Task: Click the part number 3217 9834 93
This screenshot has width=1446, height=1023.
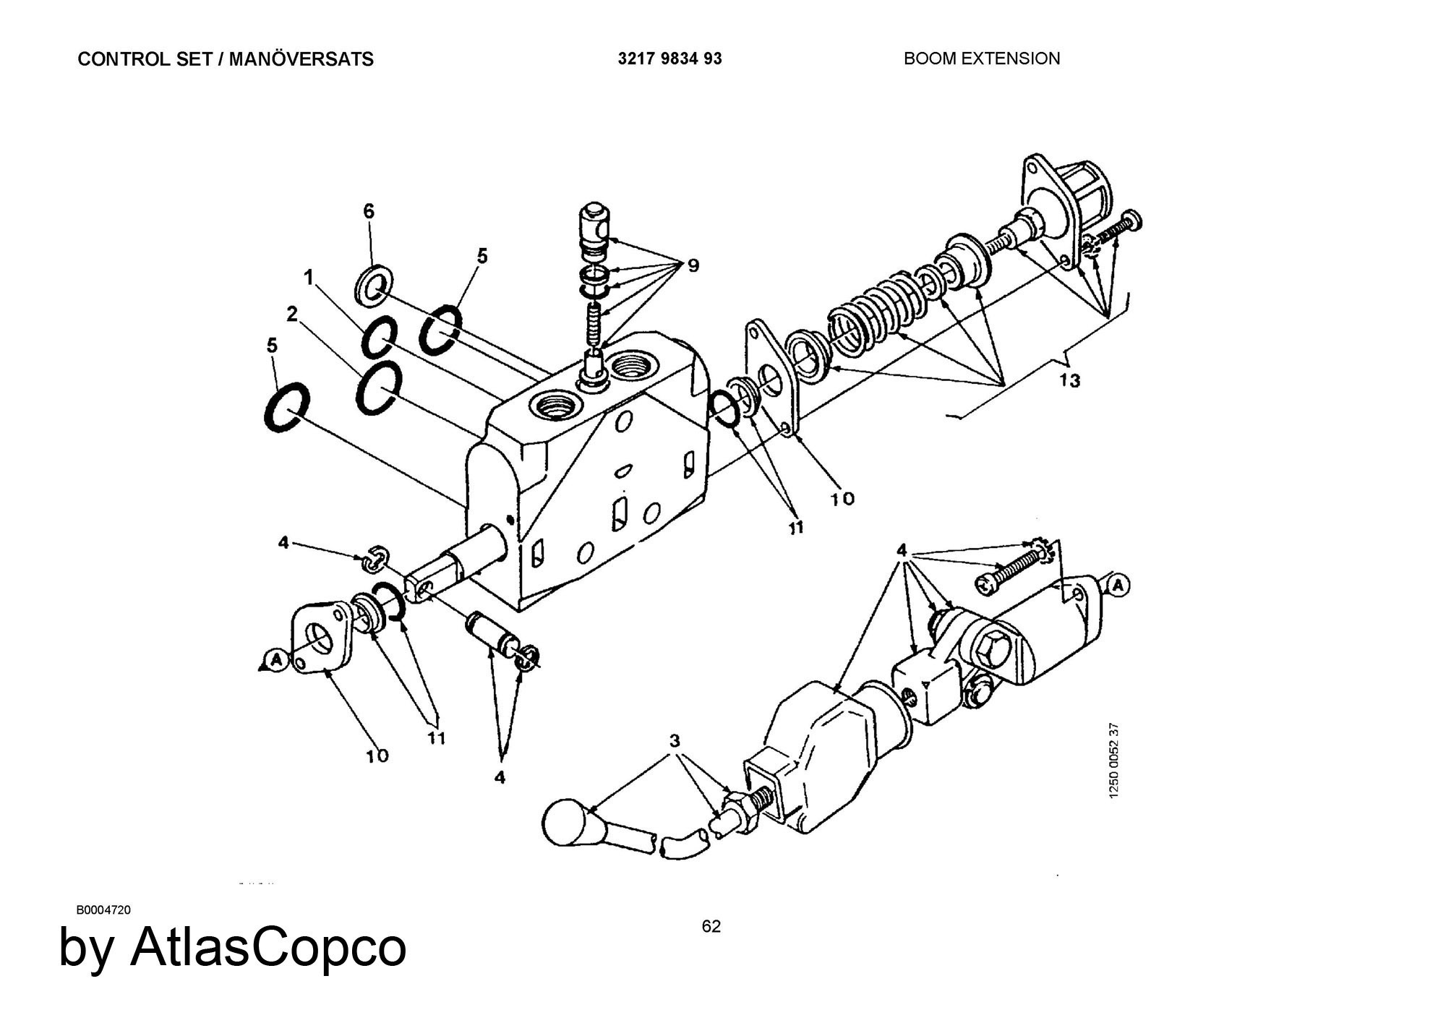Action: (669, 59)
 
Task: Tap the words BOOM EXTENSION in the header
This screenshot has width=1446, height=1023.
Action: (982, 59)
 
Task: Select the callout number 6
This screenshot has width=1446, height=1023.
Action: (369, 211)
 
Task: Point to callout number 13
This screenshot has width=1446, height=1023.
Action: (1069, 380)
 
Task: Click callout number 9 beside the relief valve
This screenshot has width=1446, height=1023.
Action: (693, 266)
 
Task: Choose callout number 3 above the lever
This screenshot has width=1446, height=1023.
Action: (675, 741)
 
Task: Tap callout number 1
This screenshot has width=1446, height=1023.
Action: (309, 277)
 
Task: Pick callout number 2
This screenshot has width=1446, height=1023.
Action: (292, 314)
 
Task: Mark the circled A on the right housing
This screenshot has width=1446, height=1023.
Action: (1118, 585)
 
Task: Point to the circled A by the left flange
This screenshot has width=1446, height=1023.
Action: (275, 659)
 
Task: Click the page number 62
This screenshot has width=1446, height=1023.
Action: (711, 926)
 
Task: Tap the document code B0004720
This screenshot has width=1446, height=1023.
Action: (104, 909)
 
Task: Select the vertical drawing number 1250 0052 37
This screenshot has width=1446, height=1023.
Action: (1114, 760)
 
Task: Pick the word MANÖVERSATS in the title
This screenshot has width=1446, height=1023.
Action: (301, 59)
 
